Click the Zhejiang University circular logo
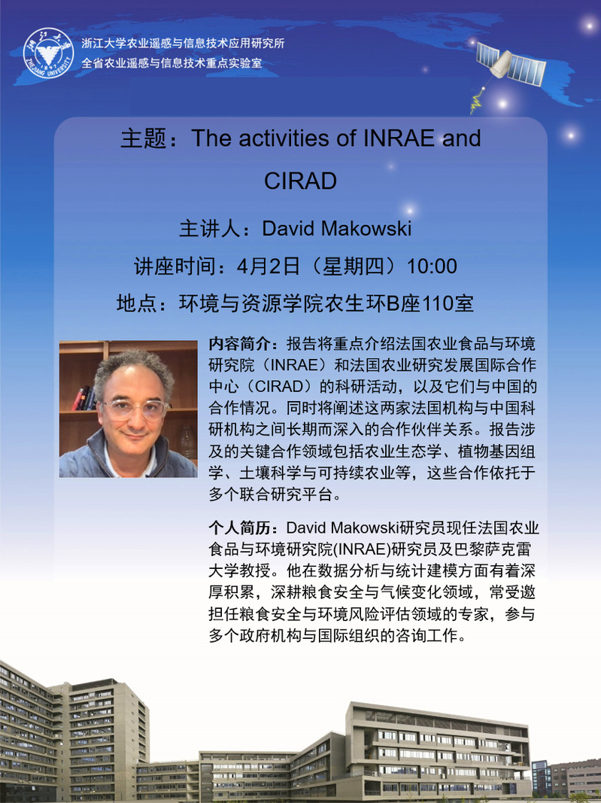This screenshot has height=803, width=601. [x=49, y=53]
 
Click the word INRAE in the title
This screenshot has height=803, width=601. [x=399, y=138]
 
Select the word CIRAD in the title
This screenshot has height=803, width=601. [x=301, y=181]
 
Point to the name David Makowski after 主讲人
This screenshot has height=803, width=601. [x=337, y=228]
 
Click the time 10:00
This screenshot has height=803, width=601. [x=432, y=266]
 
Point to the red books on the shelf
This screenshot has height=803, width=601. [x=82, y=398]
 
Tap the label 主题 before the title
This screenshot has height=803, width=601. [x=137, y=138]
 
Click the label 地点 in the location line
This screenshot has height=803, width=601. [x=132, y=304]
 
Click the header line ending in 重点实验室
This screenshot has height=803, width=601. [x=171, y=63]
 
